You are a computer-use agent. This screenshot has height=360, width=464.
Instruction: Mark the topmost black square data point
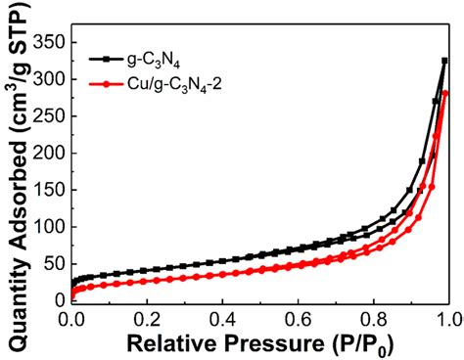[444, 61]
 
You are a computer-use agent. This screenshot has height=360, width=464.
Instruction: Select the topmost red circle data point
[445, 93]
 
